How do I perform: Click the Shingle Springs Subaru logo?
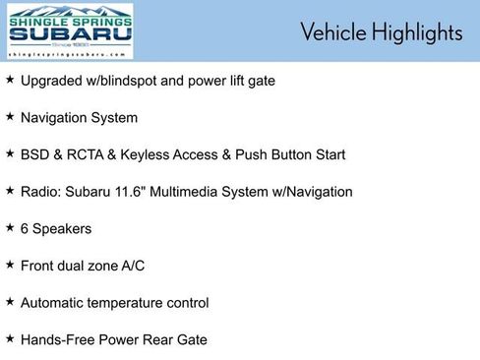pos(70,32)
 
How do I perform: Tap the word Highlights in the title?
pos(414,32)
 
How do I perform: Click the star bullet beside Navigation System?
pos(10,117)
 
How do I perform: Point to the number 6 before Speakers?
pos(25,228)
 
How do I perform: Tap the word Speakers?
pos(62,228)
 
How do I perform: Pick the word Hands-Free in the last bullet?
pos(59,340)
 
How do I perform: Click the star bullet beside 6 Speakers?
pos(10,228)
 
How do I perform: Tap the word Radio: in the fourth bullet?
pos(42,192)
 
